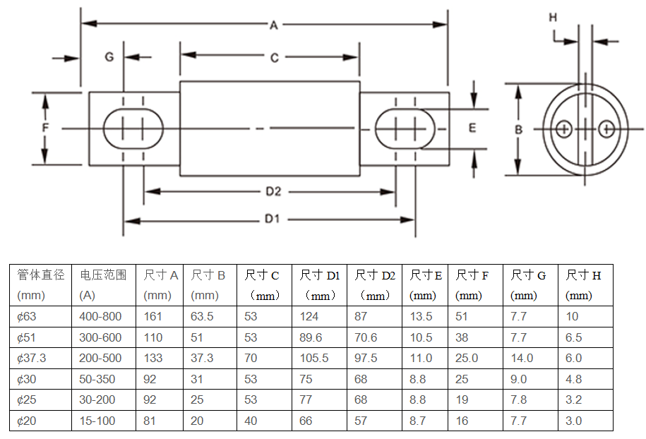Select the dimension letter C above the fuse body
pos(275,58)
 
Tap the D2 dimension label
pos(274,191)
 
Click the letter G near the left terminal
pos(109,56)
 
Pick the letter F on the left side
pos(44,128)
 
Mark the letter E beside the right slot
pos(472,128)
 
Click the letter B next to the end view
pos(518,129)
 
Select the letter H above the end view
pos(553,17)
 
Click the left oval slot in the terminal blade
pos(133,129)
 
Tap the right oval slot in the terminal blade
pos(405,129)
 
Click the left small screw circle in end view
pos(563,129)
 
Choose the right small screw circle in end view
pos(606,129)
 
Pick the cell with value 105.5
pos(314,359)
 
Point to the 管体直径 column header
pos(40,275)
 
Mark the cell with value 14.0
pos(522,359)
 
